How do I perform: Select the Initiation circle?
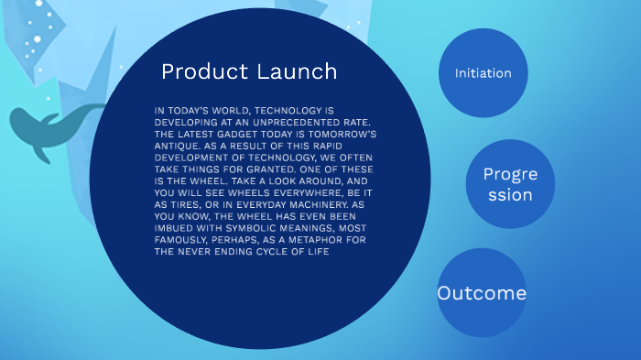tap(483, 73)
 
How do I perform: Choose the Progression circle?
tap(510, 184)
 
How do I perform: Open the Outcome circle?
tap(482, 293)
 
